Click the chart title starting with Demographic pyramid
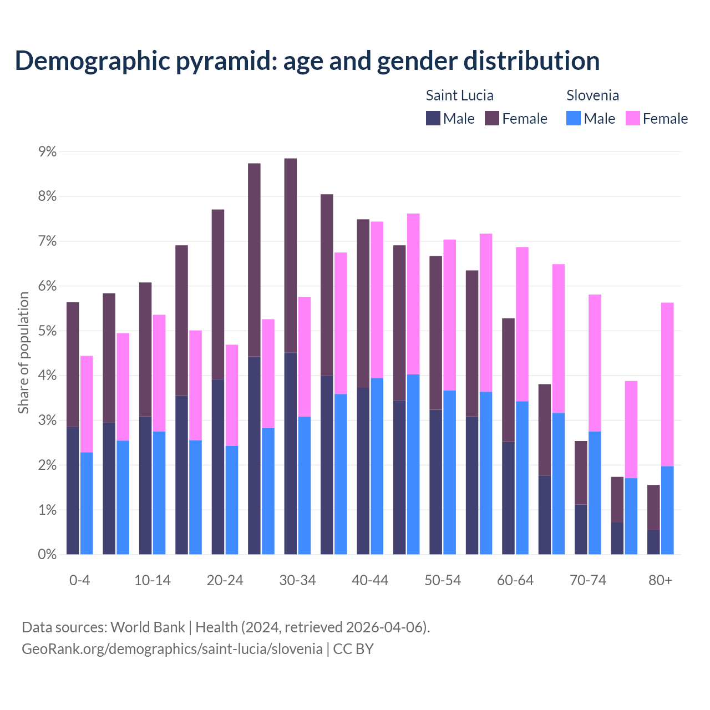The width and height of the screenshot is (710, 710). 307,60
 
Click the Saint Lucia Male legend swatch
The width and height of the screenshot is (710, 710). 433,118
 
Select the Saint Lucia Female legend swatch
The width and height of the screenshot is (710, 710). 492,118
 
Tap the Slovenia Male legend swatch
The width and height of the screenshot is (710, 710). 574,118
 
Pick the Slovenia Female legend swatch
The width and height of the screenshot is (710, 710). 632,118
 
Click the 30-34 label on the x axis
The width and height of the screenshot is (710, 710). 297,580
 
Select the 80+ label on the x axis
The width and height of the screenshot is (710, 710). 660,580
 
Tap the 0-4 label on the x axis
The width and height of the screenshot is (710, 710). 79,580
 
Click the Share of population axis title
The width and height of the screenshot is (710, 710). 23,353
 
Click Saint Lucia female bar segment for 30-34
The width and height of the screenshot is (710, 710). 291,255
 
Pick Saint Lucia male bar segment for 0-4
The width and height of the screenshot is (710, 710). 73,490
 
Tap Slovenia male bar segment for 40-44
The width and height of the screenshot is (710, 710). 377,466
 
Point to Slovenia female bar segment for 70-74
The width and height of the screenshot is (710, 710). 595,363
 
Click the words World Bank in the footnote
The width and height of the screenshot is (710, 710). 148,627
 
